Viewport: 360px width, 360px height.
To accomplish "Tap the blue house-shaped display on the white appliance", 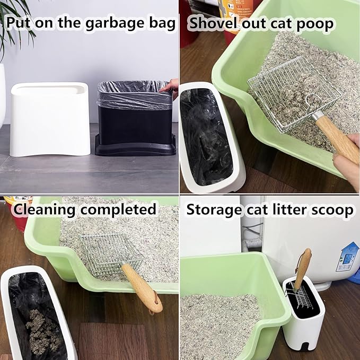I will pos(347,257).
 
